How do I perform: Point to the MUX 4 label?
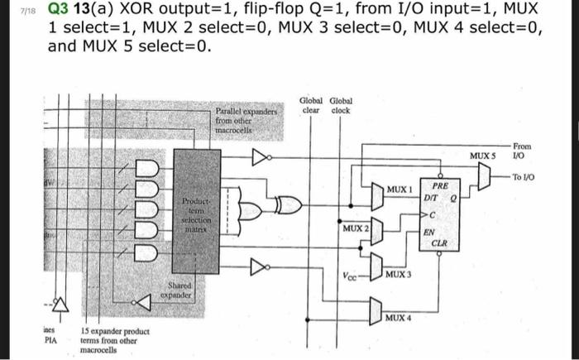tap(398, 317)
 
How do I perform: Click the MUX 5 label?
tap(481, 156)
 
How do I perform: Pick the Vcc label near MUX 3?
tap(350, 275)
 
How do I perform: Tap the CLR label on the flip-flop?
tap(440, 244)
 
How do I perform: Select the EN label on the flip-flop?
tap(429, 233)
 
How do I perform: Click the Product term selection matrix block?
tap(196, 214)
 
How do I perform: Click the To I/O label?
tap(523, 177)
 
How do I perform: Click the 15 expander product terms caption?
tap(115, 340)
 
